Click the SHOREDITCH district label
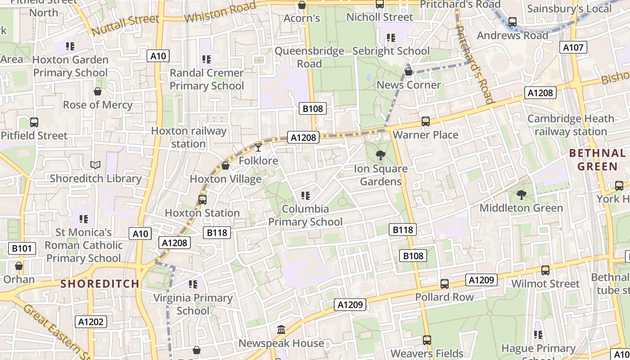[x=100, y=284]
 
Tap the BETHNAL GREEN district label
[x=598, y=160]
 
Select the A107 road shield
[x=573, y=47]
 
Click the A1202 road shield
[x=91, y=321]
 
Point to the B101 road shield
[x=22, y=248]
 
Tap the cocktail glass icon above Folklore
[x=258, y=147]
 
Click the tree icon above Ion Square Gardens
[x=381, y=155]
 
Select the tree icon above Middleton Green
[x=522, y=195]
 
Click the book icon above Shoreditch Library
[x=95, y=165]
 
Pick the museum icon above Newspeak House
[x=281, y=330]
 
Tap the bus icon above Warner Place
[x=426, y=121]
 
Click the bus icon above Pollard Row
[x=445, y=283]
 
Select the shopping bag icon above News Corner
[x=409, y=71]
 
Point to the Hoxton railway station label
[x=189, y=137]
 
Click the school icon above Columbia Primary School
[x=306, y=196]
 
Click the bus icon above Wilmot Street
[x=545, y=270]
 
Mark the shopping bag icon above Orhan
[x=19, y=266]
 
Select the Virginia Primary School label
[x=193, y=304]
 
